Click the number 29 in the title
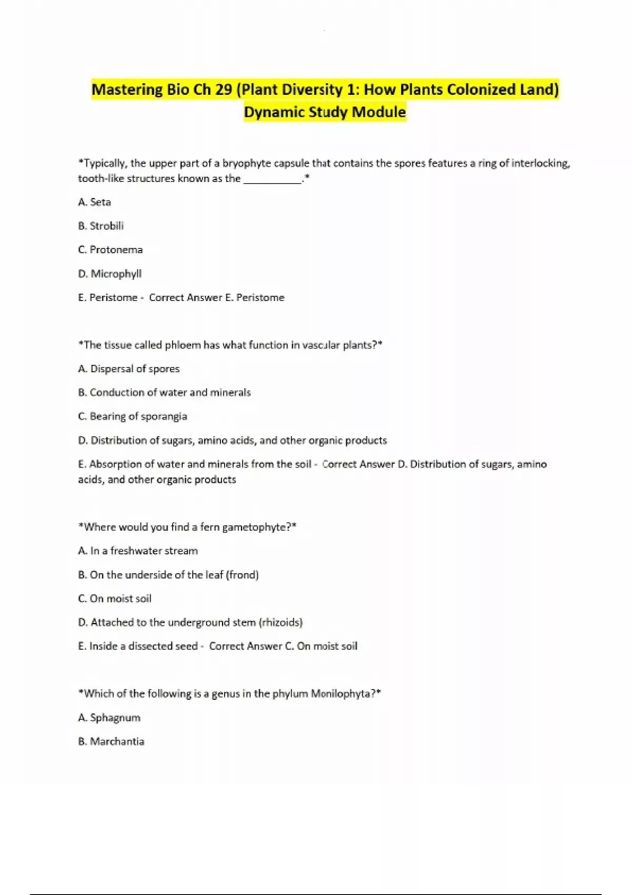[223, 90]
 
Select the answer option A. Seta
[94, 202]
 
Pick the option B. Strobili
[101, 226]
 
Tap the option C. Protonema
[110, 250]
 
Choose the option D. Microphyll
[110, 274]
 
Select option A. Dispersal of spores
[129, 369]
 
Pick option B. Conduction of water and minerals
[164, 393]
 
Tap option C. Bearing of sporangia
[132, 416]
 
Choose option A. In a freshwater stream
[138, 551]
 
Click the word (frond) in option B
[242, 575]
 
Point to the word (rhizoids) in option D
[281, 622]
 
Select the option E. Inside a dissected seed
[138, 646]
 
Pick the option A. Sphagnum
[109, 718]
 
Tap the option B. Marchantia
[111, 741]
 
